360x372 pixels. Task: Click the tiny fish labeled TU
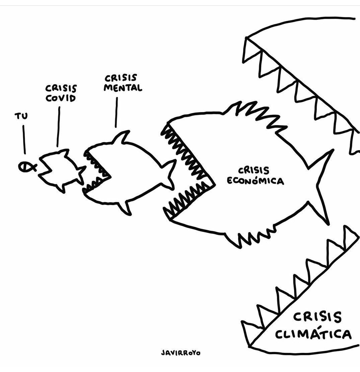27,167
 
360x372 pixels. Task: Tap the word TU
21,116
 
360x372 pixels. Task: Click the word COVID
61,98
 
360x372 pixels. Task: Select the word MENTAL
123,88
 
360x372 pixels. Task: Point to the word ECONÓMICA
255,181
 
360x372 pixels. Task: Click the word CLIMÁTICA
313,334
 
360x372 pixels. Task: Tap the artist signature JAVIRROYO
181,353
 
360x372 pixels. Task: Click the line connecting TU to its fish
24,139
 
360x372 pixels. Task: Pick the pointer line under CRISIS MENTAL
117,112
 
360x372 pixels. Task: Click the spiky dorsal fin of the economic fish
258,115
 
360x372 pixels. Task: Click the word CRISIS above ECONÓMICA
254,170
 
